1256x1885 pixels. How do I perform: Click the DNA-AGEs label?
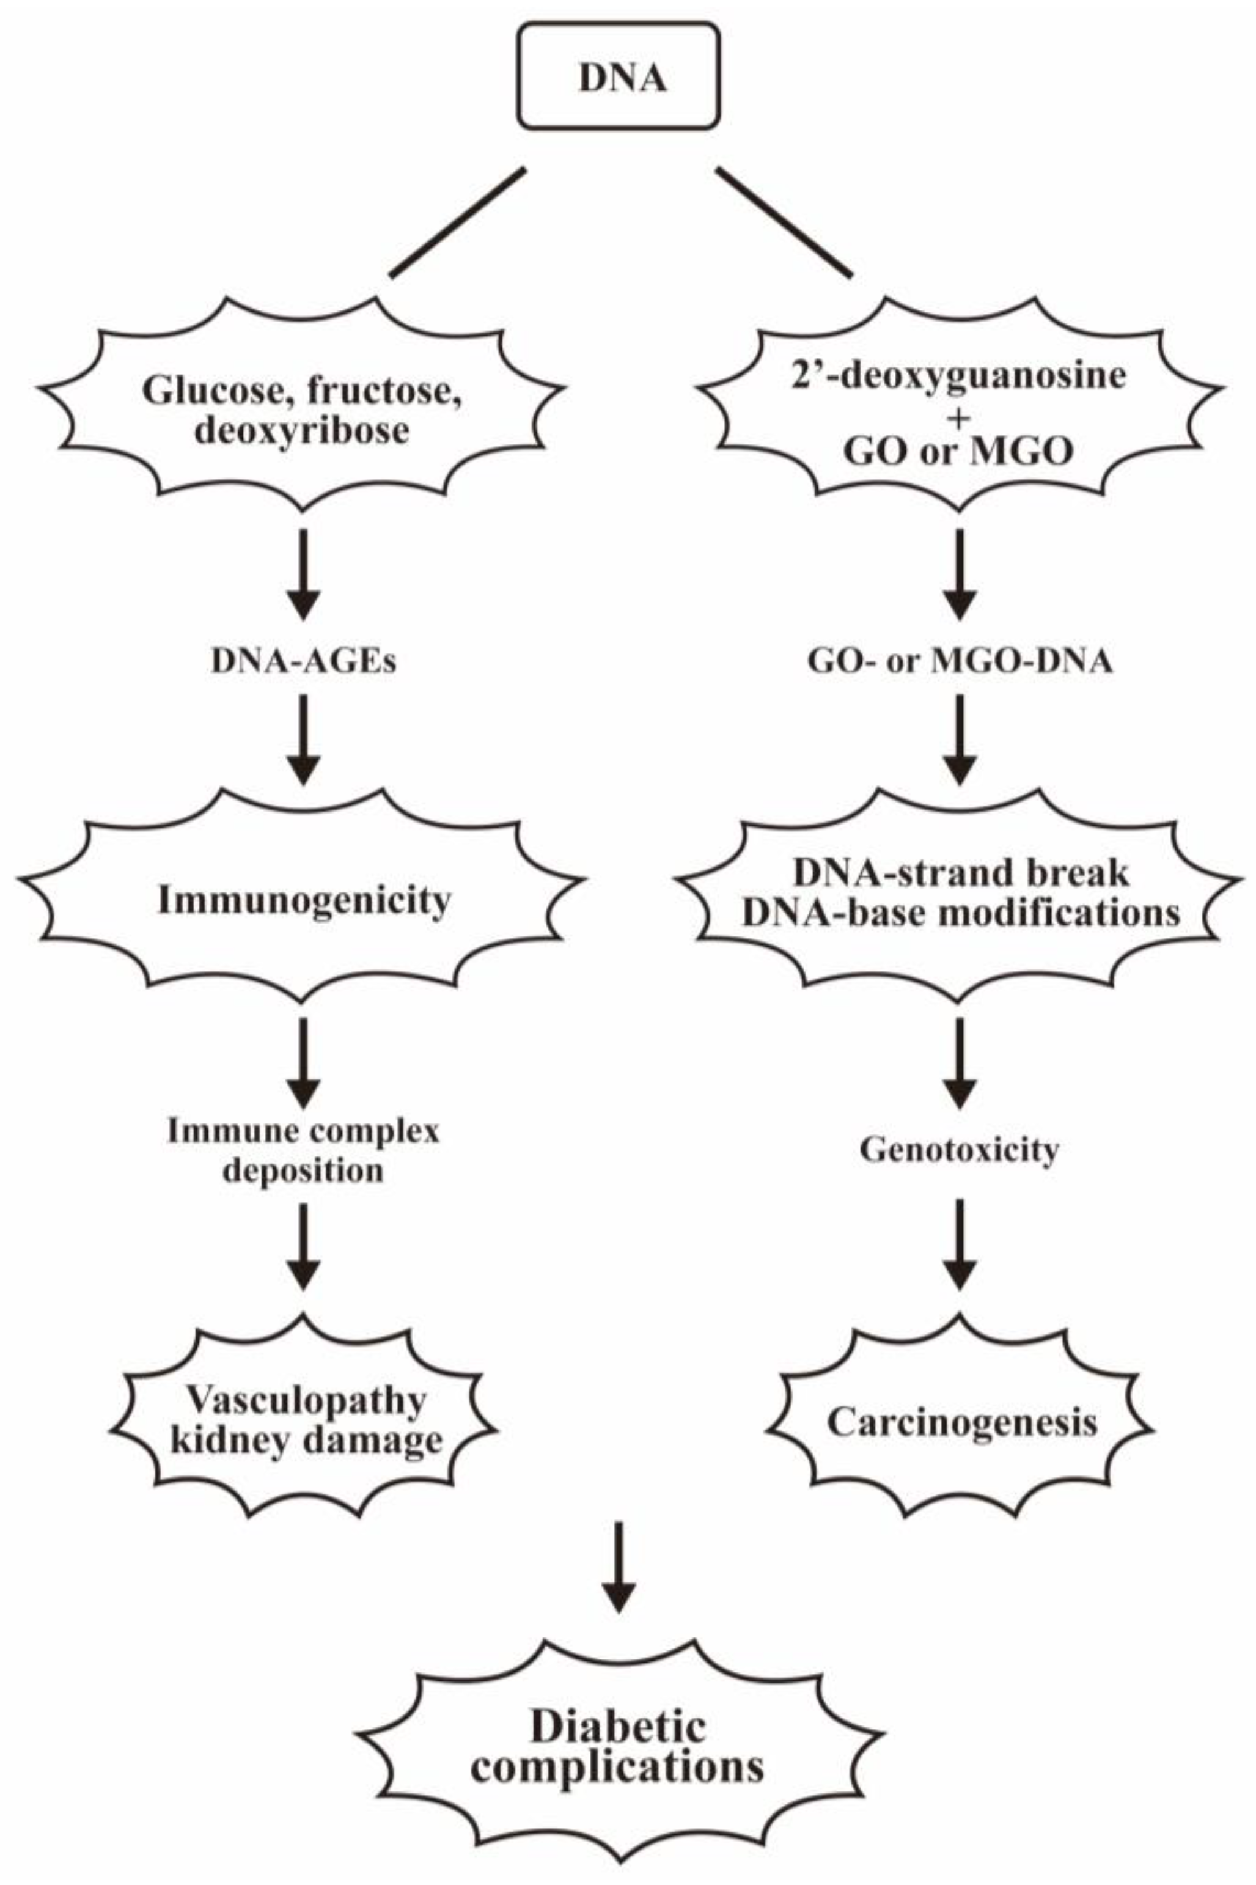pyautogui.click(x=304, y=663)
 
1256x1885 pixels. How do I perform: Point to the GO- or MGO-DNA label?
pyautogui.click(x=960, y=663)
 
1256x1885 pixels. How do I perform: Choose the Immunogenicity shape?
pyautogui.click(x=304, y=902)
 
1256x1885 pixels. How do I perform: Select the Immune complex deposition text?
pyautogui.click(x=304, y=1151)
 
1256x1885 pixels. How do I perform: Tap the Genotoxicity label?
pyautogui.click(x=960, y=1151)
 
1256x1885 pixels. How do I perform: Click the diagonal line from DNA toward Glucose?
pyautogui.click(x=457, y=222)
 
